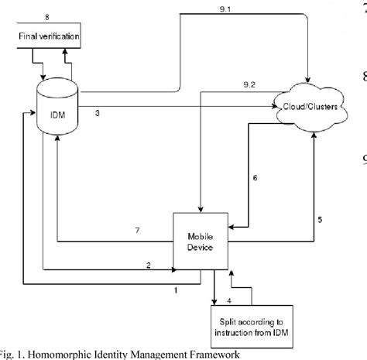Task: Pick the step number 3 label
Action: tap(97, 114)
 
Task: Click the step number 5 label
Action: tap(320, 220)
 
